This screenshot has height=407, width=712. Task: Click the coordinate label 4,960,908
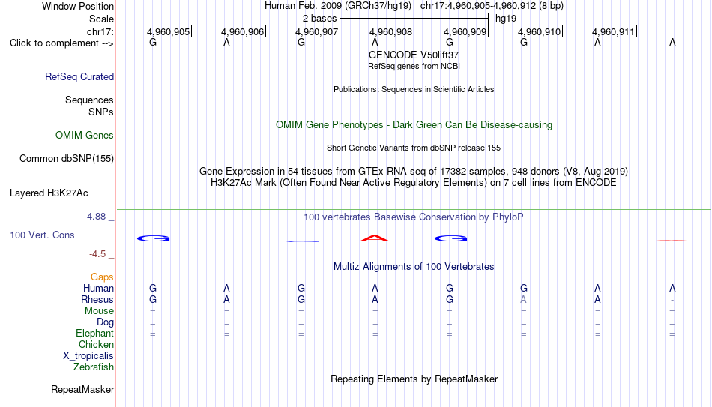(x=390, y=31)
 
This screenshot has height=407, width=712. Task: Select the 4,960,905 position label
(x=168, y=31)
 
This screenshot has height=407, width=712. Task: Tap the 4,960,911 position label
(x=613, y=31)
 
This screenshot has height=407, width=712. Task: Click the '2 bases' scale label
(x=320, y=19)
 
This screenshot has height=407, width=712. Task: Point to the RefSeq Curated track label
(x=79, y=76)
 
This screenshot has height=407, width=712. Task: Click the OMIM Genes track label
(x=85, y=136)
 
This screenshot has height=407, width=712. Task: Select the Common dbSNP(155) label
(x=67, y=159)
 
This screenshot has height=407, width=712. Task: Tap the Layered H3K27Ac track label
(x=49, y=193)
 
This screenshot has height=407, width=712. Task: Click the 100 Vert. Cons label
(x=42, y=235)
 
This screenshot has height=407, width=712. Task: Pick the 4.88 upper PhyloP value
(x=96, y=216)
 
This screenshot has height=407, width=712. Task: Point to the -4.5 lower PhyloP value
(x=97, y=254)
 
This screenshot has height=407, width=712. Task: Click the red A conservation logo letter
(x=375, y=238)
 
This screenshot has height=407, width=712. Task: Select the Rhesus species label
(x=97, y=299)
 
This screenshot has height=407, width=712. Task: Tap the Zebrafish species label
(x=94, y=367)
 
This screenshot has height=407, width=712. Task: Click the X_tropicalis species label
(x=88, y=356)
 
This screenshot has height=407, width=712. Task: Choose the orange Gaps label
(x=102, y=277)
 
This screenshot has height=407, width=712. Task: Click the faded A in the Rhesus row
(x=524, y=299)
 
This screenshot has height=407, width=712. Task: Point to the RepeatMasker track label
(x=82, y=389)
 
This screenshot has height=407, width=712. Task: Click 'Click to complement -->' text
(x=61, y=43)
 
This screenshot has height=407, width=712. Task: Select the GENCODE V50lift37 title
(x=414, y=55)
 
